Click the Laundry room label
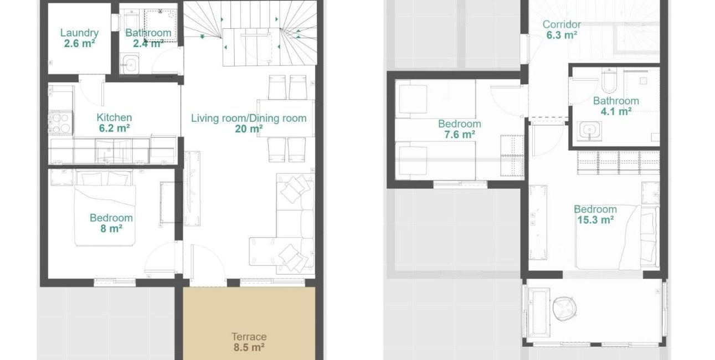tap(79, 33)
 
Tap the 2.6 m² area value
tap(79, 43)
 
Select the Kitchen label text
tap(114, 117)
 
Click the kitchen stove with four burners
tap(60, 122)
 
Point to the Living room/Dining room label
tap(249, 118)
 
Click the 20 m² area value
tap(249, 129)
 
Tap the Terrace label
tap(249, 337)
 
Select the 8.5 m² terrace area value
tap(249, 348)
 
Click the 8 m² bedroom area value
tap(111, 228)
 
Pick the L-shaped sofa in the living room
tap(288, 227)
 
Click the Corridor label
tap(562, 24)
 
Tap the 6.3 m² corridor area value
tap(562, 34)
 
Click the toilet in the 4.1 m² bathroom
tap(609, 81)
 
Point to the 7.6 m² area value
tap(459, 134)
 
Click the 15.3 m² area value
tap(595, 220)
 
